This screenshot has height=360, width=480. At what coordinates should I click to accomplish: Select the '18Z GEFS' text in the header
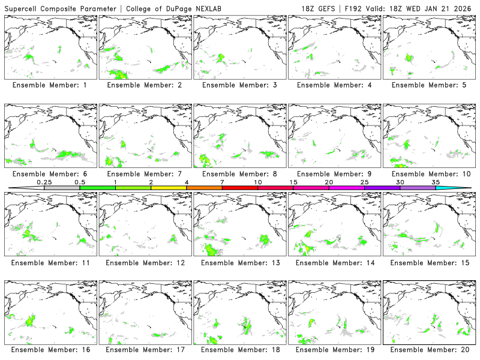[325, 8]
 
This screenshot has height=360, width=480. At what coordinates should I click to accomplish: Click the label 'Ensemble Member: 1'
[49, 85]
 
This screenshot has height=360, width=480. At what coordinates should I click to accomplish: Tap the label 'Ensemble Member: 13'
[239, 262]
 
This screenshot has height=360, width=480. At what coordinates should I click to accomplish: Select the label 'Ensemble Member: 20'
[428, 349]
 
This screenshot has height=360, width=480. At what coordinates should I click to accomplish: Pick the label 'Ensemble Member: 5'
[428, 85]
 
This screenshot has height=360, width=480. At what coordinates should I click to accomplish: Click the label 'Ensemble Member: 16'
[49, 349]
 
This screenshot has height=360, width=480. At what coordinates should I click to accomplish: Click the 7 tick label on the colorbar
[222, 182]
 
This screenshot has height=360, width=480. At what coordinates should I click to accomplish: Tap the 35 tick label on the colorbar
[436, 182]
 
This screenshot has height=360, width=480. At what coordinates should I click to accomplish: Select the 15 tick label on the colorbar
[293, 182]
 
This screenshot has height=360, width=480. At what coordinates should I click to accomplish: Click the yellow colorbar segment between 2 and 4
[169, 188]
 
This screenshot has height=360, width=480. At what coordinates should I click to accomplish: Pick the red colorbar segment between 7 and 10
[240, 188]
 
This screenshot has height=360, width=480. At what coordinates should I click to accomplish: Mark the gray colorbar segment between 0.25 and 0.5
[62, 188]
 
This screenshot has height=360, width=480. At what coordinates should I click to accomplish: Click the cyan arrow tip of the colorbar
[462, 188]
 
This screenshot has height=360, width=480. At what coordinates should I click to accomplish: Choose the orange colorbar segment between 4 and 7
[204, 188]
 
